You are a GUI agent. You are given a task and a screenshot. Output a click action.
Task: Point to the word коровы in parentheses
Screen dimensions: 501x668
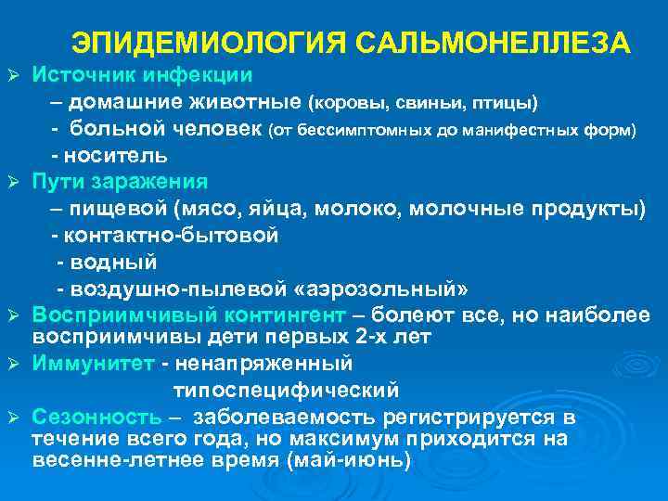[347, 101]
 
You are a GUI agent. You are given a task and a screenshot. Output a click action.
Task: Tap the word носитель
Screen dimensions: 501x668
[117, 154]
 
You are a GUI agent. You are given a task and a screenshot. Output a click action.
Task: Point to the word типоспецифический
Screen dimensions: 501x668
[285, 389]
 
